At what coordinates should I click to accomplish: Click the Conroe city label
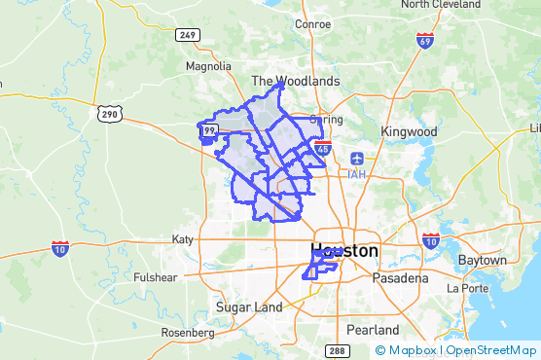pyautogui.click(x=311, y=24)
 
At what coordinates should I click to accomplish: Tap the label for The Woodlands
pyautogui.click(x=296, y=81)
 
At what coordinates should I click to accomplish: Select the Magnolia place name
pyautogui.click(x=209, y=66)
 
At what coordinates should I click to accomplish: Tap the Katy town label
pyautogui.click(x=183, y=239)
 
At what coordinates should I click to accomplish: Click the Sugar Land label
pyautogui.click(x=249, y=307)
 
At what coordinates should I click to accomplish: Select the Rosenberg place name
pyautogui.click(x=187, y=333)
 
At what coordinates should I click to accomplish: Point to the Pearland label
pyautogui.click(x=373, y=330)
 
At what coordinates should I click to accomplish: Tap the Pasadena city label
pyautogui.click(x=400, y=278)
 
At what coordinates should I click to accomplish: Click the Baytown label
pyautogui.click(x=483, y=261)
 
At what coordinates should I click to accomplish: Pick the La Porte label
pyautogui.click(x=466, y=289)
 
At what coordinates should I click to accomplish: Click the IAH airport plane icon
pyautogui.click(x=356, y=158)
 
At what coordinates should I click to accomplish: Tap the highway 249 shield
pyautogui.click(x=188, y=35)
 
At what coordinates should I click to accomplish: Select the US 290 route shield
pyautogui.click(x=107, y=114)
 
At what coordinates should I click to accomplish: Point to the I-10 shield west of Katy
pyautogui.click(x=60, y=247)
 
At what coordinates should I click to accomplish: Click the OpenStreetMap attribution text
pyautogui.click(x=491, y=350)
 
